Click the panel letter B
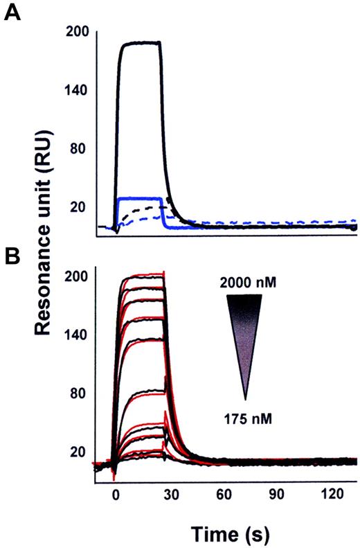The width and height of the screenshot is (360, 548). pyautogui.click(x=12, y=256)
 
